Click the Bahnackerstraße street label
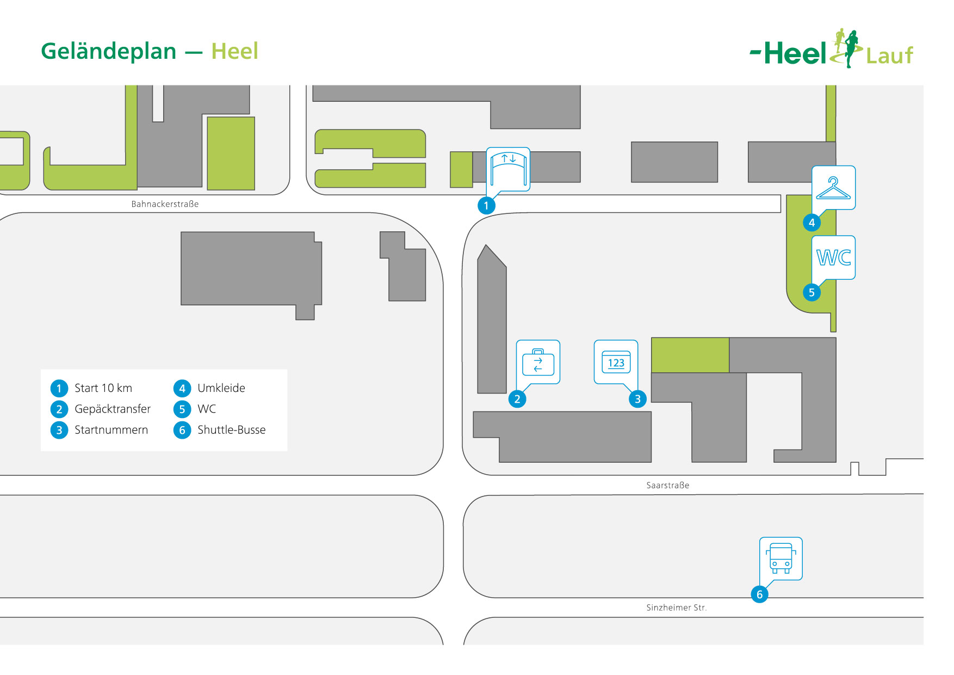pyautogui.click(x=165, y=204)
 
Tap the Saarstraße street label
pyautogui.click(x=667, y=485)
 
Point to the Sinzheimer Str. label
pyautogui.click(x=676, y=607)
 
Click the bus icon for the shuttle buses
pyautogui.click(x=781, y=559)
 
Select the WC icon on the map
pyautogui.click(x=833, y=257)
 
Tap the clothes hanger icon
pyautogui.click(x=833, y=188)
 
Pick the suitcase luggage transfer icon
pyautogui.click(x=538, y=362)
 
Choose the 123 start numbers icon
pyautogui.click(x=616, y=362)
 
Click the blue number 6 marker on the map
pyautogui.click(x=759, y=594)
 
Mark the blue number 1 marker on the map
pyautogui.click(x=486, y=206)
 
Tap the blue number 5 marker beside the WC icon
pyautogui.click(x=811, y=292)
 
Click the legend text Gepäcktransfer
pyautogui.click(x=113, y=409)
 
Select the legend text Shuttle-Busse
pyautogui.click(x=231, y=430)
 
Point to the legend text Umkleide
pyautogui.click(x=221, y=388)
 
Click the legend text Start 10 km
pyautogui.click(x=103, y=388)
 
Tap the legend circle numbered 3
pyautogui.click(x=59, y=430)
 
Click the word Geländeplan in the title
pyautogui.click(x=109, y=52)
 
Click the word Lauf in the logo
pyautogui.click(x=889, y=56)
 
